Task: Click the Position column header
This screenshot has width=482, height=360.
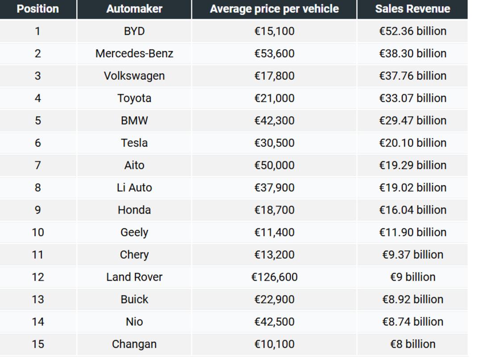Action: click(x=38, y=9)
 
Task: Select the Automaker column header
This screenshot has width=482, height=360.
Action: click(x=134, y=9)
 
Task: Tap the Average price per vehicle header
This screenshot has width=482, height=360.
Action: click(x=274, y=9)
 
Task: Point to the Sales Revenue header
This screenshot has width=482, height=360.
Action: click(x=412, y=9)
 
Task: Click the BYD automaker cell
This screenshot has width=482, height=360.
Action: click(x=134, y=31)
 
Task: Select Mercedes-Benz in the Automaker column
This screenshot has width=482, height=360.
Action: click(x=134, y=54)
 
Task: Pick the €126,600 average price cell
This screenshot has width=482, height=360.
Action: click(x=274, y=277)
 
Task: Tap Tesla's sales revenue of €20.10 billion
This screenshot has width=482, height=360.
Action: click(x=412, y=143)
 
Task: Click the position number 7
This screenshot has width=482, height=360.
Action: click(x=38, y=165)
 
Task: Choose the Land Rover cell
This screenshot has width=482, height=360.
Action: click(x=134, y=277)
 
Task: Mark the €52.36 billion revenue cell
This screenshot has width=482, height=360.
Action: click(x=412, y=31)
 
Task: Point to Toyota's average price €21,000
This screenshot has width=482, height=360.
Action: click(x=274, y=98)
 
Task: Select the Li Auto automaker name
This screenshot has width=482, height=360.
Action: click(x=134, y=188)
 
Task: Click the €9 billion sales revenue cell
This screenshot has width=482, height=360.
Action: click(x=412, y=277)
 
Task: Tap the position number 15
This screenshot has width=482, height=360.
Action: click(x=38, y=344)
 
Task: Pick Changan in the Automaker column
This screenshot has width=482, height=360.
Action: click(x=134, y=344)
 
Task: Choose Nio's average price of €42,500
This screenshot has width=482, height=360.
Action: click(x=274, y=322)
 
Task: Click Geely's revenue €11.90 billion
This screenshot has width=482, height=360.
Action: click(x=412, y=232)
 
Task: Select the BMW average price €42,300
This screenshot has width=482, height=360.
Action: click(x=274, y=121)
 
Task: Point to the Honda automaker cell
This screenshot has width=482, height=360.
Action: click(x=134, y=210)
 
